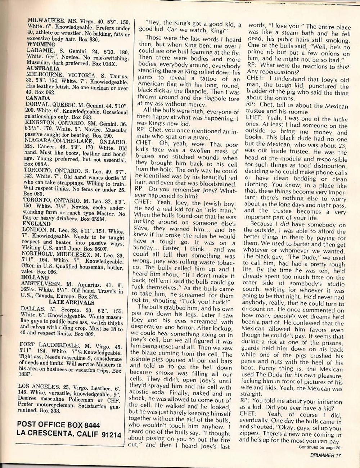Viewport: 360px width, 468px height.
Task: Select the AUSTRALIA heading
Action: (x=43, y=68)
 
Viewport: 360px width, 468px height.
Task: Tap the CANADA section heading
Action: (x=38, y=98)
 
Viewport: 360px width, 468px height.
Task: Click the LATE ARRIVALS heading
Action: (x=71, y=302)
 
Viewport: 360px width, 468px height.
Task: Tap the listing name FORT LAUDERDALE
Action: (x=50, y=343)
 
